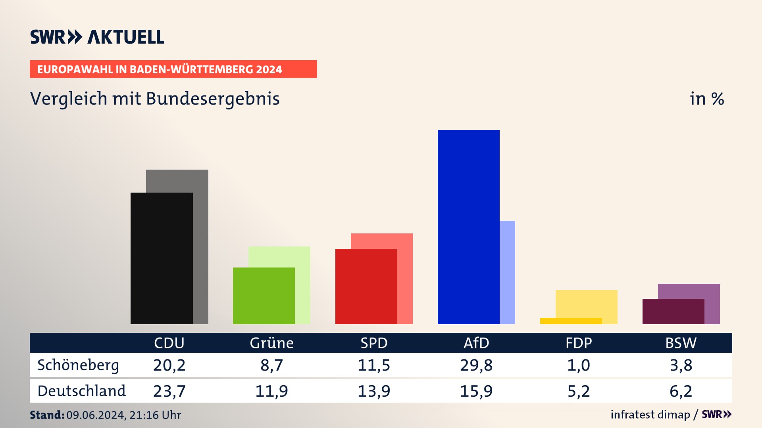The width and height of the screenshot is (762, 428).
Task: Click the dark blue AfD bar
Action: pyautogui.click(x=468, y=227)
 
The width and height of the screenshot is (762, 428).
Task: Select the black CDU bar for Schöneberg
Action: pyautogui.click(x=162, y=258)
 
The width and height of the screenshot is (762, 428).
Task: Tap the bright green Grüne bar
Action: pyautogui.click(x=264, y=296)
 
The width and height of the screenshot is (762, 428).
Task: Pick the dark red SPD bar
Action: pyautogui.click(x=366, y=286)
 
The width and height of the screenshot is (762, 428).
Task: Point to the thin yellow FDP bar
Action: pyautogui.click(x=571, y=321)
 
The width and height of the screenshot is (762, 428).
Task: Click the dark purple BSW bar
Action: pyautogui.click(x=673, y=311)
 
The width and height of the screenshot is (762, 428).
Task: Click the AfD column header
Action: pyautogui.click(x=476, y=343)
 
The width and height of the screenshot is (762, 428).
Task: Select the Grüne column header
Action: pyautogui.click(x=271, y=343)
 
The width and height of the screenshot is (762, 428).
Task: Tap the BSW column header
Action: pyautogui.click(x=681, y=343)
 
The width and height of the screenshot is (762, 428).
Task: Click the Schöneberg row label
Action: pyautogui.click(x=78, y=365)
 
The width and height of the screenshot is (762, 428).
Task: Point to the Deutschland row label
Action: pyautogui.click(x=81, y=391)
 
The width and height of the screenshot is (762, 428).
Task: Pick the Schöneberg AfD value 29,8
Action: pyautogui.click(x=476, y=365)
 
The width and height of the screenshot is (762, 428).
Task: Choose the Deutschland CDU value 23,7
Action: pyautogui.click(x=169, y=391)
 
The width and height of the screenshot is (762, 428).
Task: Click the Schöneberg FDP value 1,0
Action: pyautogui.click(x=578, y=365)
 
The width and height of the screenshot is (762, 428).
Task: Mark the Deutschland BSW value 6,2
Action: pyautogui.click(x=681, y=391)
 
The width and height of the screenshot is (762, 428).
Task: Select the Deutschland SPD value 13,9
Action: pyautogui.click(x=374, y=391)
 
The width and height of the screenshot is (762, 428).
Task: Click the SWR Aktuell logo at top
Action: pyautogui.click(x=97, y=37)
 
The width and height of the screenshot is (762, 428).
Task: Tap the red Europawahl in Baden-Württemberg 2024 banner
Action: pyautogui.click(x=173, y=69)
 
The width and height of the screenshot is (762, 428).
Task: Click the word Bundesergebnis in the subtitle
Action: pyautogui.click(x=213, y=99)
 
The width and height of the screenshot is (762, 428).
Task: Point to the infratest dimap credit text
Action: pyautogui.click(x=650, y=415)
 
